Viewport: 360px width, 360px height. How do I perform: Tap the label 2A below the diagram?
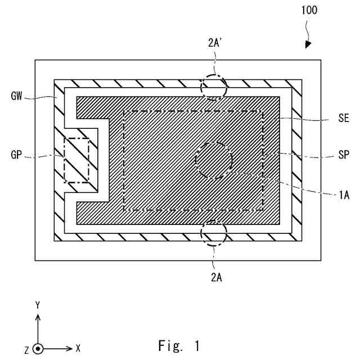pos(214,277)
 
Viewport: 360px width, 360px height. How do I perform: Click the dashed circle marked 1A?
pos(214,160)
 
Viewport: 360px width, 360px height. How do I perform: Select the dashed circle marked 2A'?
pos(214,88)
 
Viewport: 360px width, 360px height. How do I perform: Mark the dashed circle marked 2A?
pos(214,233)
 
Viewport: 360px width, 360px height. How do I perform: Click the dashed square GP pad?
pos(76,160)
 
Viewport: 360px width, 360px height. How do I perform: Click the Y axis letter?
pos(38,305)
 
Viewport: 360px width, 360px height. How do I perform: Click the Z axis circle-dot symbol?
pos(38,348)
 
